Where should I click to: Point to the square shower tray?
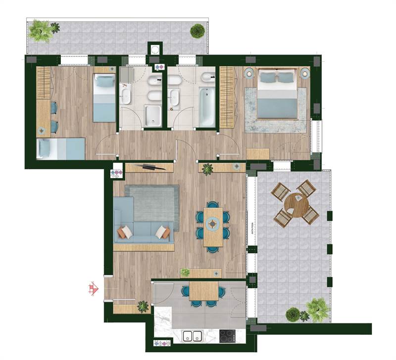[x=153, y=115]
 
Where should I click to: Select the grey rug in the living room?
[x=152, y=203]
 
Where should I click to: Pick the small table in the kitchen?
[x=203, y=291]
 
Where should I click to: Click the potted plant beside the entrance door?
[x=143, y=307]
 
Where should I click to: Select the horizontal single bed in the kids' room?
[x=60, y=148]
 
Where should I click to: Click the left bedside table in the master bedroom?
[x=249, y=73]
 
